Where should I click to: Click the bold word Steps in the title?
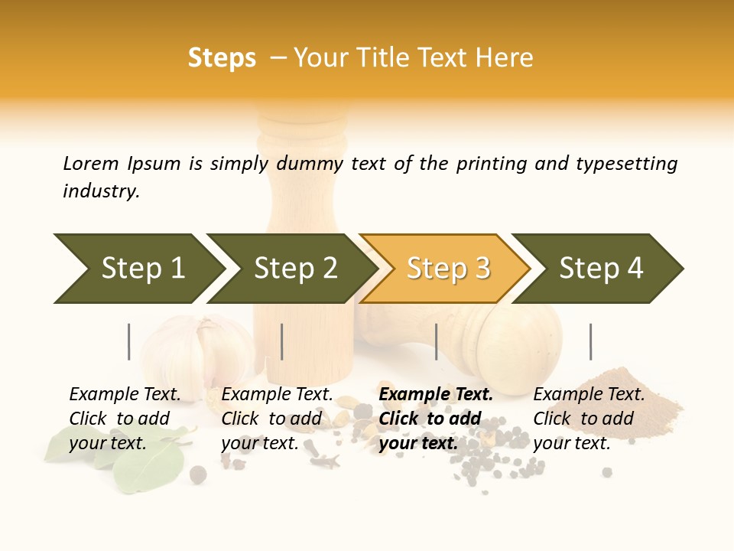[x=222, y=58]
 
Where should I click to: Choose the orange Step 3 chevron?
[x=448, y=269]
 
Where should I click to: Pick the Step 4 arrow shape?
[x=601, y=269]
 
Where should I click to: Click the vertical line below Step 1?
[x=129, y=341]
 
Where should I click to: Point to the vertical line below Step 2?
[x=282, y=341]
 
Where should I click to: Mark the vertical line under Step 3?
[x=437, y=341]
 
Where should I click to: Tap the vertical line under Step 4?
[x=590, y=341]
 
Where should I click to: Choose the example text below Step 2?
[x=276, y=419]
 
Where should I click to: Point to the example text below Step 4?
[x=588, y=419]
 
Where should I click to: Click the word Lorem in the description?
[x=91, y=164]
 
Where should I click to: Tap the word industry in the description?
[x=100, y=191]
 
